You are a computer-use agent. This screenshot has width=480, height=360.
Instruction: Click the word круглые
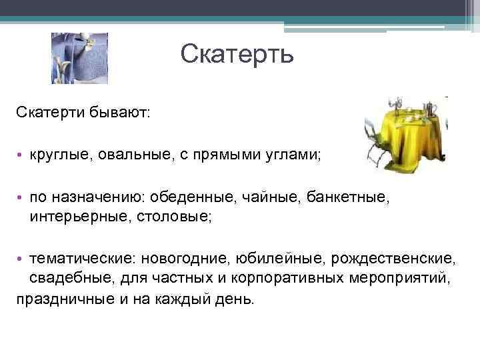coord(59,155)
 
